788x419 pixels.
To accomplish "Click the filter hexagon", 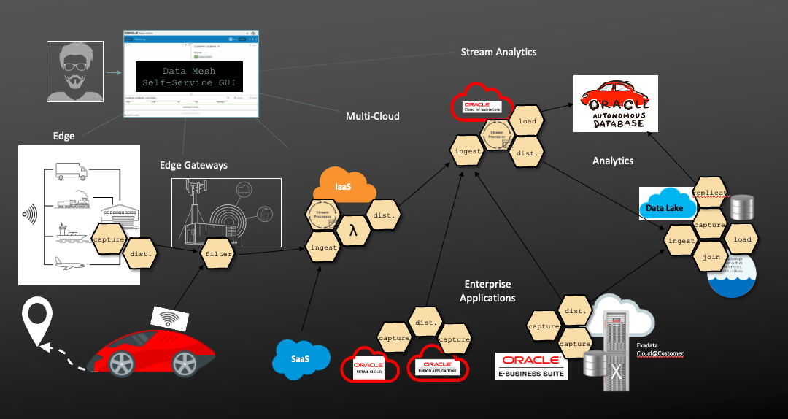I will [x=218, y=254].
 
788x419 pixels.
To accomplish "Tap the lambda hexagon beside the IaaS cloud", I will [x=353, y=232].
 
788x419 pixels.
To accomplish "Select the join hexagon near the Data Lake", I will [x=712, y=257].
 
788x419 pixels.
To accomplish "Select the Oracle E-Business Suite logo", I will [x=530, y=366].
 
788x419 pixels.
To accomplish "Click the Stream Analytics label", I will [x=498, y=52].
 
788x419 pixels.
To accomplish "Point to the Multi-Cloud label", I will [x=372, y=116].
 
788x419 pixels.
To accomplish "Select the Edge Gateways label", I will [x=193, y=165].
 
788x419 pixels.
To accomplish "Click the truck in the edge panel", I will [x=71, y=173].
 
